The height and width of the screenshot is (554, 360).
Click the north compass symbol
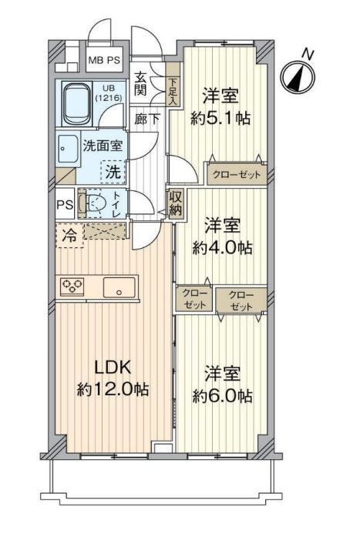tap(298, 77)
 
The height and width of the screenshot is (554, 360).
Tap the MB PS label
tap(104, 60)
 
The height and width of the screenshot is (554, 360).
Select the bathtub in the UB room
tap(77, 104)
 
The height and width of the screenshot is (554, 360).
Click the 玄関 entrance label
tap(140, 83)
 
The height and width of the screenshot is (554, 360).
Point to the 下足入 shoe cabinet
tap(173, 84)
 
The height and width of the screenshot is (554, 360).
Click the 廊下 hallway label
tap(146, 119)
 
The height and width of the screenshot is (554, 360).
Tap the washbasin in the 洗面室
tap(68, 149)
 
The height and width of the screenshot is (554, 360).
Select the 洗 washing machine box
tap(113, 173)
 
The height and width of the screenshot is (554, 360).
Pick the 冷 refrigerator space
tap(69, 235)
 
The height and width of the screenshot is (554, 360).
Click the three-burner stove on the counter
tap(72, 286)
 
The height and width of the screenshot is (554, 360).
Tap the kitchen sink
tap(119, 287)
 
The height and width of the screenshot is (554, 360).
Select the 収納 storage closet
tap(176, 203)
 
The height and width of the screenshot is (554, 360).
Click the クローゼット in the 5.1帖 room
tap(236, 174)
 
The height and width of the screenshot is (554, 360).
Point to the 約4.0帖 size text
tap(222, 248)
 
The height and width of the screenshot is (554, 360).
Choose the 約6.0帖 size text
tap(222, 396)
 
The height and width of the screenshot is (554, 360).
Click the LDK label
tap(113, 368)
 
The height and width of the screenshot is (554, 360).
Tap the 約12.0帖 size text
tap(113, 389)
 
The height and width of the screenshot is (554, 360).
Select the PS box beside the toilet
tap(66, 204)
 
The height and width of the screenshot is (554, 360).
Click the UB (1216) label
tap(108, 93)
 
